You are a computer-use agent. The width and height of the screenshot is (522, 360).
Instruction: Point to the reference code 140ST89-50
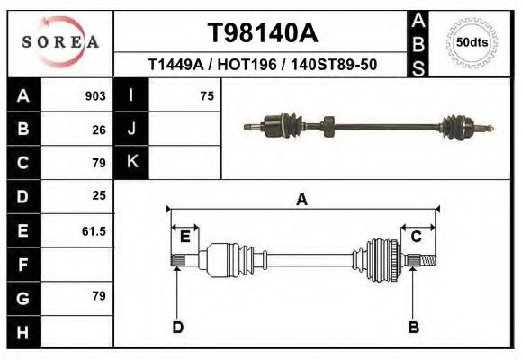coord(328,65)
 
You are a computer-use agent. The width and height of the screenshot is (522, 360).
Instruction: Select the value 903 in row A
coord(95,96)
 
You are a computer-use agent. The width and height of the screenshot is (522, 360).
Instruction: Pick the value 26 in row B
coord(99,130)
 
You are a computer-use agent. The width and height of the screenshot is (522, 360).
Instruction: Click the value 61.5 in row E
coord(94,231)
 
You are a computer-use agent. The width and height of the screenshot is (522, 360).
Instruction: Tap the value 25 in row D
coord(99,195)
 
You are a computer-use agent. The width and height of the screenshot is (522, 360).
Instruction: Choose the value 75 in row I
coord(206,96)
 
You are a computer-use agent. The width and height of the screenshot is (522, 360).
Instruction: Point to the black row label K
coord(131,162)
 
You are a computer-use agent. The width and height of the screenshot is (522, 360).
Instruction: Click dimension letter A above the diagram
coord(302,200)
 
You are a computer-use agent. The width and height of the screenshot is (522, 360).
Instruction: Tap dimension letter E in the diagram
coord(184,237)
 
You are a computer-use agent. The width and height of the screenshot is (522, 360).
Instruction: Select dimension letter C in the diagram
coord(417,237)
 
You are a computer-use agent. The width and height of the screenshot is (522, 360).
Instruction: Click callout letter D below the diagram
coord(177,327)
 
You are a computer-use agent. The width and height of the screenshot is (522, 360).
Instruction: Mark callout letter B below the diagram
coord(413,327)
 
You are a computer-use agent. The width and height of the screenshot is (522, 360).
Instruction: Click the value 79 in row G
coord(99,296)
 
